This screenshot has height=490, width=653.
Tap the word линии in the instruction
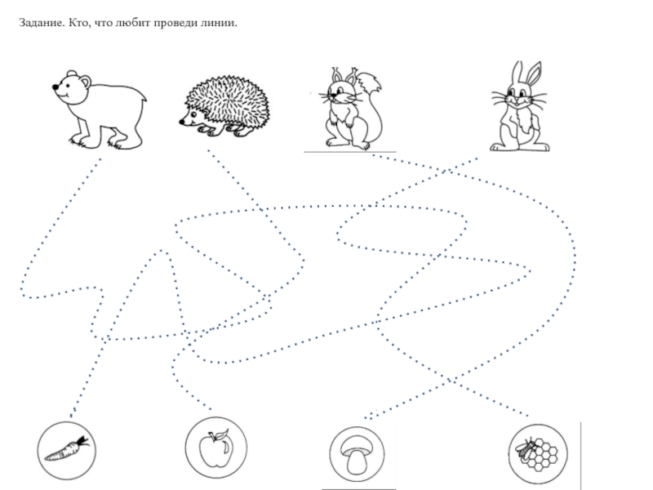pyautogui.click(x=219, y=23)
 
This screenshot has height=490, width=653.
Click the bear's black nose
pyautogui.click(x=56, y=87)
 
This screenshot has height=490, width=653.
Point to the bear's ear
pyautogui.click(x=86, y=80)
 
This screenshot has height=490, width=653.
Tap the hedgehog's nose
pyautogui.click(x=181, y=122)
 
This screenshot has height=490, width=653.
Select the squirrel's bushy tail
pyautogui.click(x=371, y=109)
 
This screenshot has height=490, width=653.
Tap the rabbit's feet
pyautogui.click(x=520, y=147)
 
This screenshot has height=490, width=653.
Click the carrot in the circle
pyautogui.click(x=67, y=449)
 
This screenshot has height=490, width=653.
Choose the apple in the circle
pyautogui.click(x=215, y=449)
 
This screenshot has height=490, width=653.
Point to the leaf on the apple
pyautogui.click(x=223, y=434)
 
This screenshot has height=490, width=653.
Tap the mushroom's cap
pyautogui.click(x=357, y=445)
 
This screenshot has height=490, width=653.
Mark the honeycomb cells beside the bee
pyautogui.click(x=544, y=457)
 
